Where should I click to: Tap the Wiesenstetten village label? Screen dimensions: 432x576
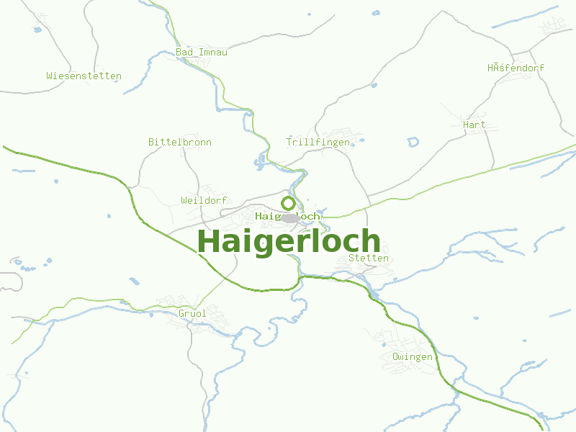point(84,76)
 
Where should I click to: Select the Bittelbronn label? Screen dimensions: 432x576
point(179,142)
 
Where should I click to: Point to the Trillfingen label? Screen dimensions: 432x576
point(318,142)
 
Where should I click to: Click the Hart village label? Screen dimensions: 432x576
point(474,125)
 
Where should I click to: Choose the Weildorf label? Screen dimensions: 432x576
point(204,199)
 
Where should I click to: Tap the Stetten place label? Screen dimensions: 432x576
point(368,258)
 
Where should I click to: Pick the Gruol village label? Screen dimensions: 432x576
point(192,313)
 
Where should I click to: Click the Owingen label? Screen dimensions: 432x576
point(413,356)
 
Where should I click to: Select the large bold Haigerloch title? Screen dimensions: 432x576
point(288,241)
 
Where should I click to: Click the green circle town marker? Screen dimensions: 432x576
point(288,203)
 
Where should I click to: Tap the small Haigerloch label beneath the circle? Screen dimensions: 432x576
point(287,216)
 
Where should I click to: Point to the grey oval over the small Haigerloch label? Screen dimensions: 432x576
point(290,217)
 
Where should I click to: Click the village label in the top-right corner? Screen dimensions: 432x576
point(516,68)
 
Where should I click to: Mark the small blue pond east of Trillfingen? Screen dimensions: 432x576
point(413,141)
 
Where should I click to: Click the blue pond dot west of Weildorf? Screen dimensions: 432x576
point(109,215)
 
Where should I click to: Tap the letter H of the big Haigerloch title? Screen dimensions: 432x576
point(208,241)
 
